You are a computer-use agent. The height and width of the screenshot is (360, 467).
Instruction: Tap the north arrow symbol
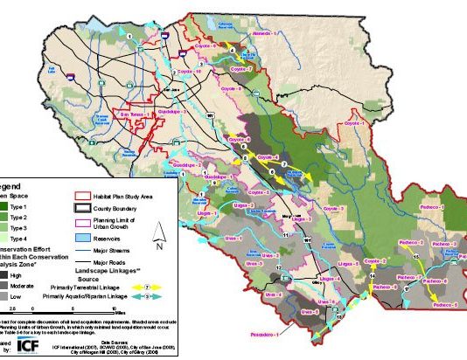158,233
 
